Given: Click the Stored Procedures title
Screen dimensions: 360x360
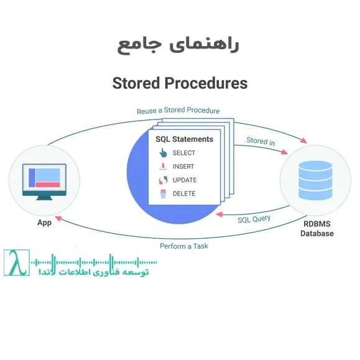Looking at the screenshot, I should (x=180, y=83).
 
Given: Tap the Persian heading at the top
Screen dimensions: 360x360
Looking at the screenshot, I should (x=178, y=45).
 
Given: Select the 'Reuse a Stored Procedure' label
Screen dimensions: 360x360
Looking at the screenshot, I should (x=178, y=111).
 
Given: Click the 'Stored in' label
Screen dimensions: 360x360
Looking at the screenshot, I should (x=261, y=141).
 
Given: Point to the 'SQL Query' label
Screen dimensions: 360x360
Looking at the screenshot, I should (x=254, y=219).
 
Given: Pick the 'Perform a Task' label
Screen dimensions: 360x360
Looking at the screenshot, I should (x=183, y=246).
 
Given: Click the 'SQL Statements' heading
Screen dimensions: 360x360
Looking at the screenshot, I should (x=184, y=139).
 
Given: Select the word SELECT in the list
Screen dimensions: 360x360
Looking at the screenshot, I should (x=184, y=153).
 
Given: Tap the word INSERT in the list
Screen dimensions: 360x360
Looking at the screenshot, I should (x=184, y=167).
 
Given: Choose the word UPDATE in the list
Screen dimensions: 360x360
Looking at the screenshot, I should (x=185, y=180).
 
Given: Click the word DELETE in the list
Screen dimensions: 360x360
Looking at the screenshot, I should (x=184, y=194).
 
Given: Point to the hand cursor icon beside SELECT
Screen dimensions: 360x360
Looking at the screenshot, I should (x=163, y=153).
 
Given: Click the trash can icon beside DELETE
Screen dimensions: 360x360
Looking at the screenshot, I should (x=163, y=194).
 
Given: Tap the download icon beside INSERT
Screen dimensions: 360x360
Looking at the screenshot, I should (x=163, y=167).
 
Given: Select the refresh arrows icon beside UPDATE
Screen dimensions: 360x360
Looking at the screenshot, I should (x=163, y=180).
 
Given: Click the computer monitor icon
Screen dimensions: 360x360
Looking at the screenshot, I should (x=44, y=181).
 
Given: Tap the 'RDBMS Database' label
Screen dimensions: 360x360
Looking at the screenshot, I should (x=317, y=229).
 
